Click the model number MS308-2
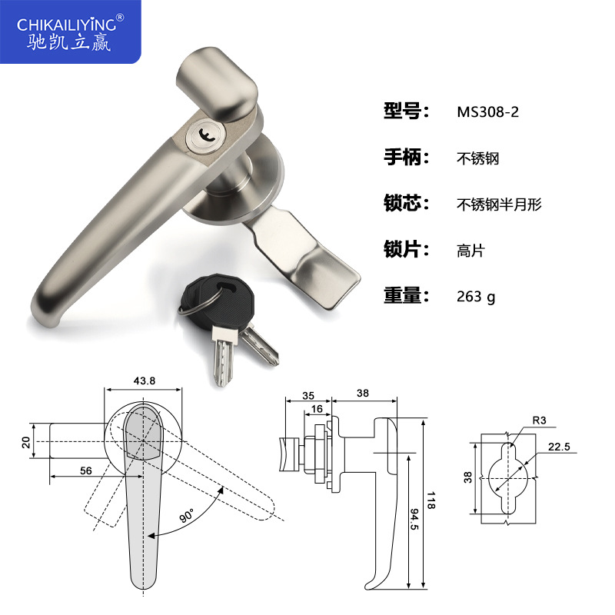coord(488,111)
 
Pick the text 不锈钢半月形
coord(500,204)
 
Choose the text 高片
coord(470,250)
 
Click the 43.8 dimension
coord(145,381)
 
